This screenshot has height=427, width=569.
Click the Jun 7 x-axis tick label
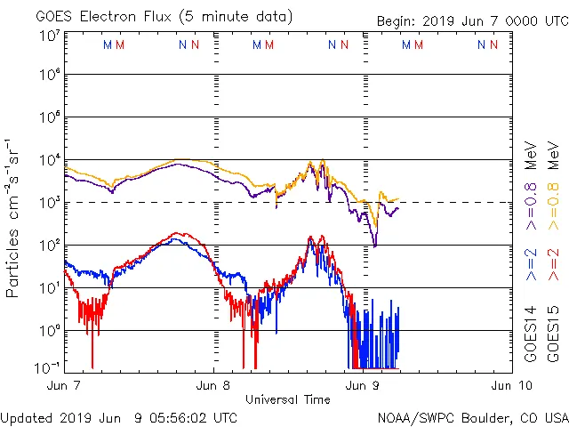64,385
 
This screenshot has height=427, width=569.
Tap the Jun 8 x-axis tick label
213,385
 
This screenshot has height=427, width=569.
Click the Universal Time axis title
288,399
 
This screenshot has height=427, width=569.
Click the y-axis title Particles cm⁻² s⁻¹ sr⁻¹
15,217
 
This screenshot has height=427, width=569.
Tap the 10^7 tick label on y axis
48,36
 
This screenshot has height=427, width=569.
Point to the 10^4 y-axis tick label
48,159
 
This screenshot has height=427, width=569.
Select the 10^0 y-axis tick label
48,330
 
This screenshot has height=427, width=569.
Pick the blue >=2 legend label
531,264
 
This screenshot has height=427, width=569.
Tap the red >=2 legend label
552,264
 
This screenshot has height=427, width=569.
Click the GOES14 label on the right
531,337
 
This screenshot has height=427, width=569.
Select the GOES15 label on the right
552,337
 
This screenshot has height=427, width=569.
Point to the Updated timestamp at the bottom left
119,417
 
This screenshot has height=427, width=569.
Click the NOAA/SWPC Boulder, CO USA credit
472,417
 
